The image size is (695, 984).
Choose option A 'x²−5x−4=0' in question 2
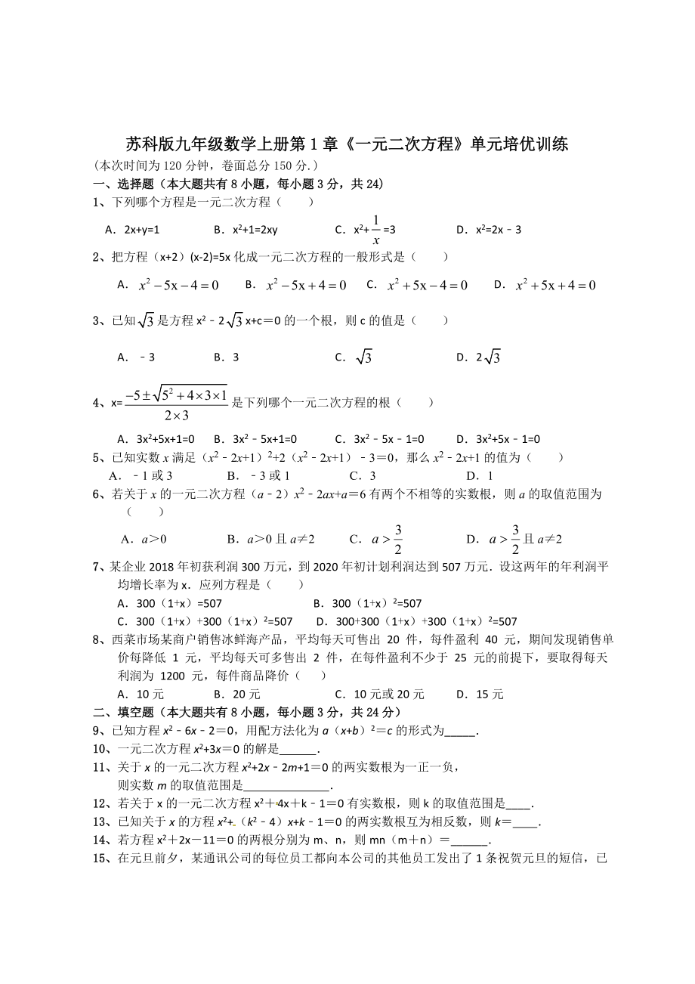tap(169, 285)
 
